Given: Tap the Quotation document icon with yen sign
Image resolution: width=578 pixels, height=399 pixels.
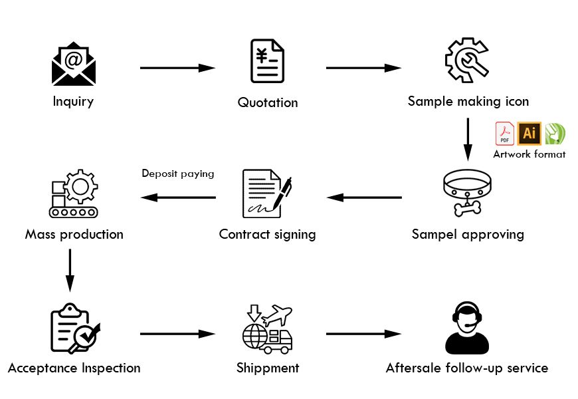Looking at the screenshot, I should coord(267,61).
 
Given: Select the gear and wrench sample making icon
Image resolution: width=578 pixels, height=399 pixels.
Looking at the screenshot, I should coord(468,61).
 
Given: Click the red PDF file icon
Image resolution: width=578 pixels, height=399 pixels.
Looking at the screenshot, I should coord(504,134).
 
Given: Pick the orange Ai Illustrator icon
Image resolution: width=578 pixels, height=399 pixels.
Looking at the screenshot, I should coord(530,133).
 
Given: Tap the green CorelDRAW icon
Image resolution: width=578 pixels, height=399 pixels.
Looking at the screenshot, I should coord(555,134).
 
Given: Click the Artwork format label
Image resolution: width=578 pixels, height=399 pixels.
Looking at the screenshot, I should coord(529,154).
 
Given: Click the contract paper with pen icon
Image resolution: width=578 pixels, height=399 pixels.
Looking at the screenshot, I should coord(267,194).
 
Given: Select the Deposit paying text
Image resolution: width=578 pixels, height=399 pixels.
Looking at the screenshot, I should coord(178,174).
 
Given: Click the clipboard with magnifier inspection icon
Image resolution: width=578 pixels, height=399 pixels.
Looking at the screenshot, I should coord(73,328).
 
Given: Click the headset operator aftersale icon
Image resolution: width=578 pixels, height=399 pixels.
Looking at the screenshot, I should coord(468,328).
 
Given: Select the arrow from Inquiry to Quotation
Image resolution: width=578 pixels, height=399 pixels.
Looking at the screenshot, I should coord(177,68).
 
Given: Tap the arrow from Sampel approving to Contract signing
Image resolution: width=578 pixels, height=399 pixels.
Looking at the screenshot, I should coord(364,198).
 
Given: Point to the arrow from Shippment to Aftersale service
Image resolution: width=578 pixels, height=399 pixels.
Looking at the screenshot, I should coord(363,334).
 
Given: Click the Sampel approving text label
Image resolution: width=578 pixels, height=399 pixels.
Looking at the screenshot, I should coord(468,234).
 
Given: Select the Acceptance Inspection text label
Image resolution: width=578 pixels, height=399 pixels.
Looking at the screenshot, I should coord(74,368).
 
